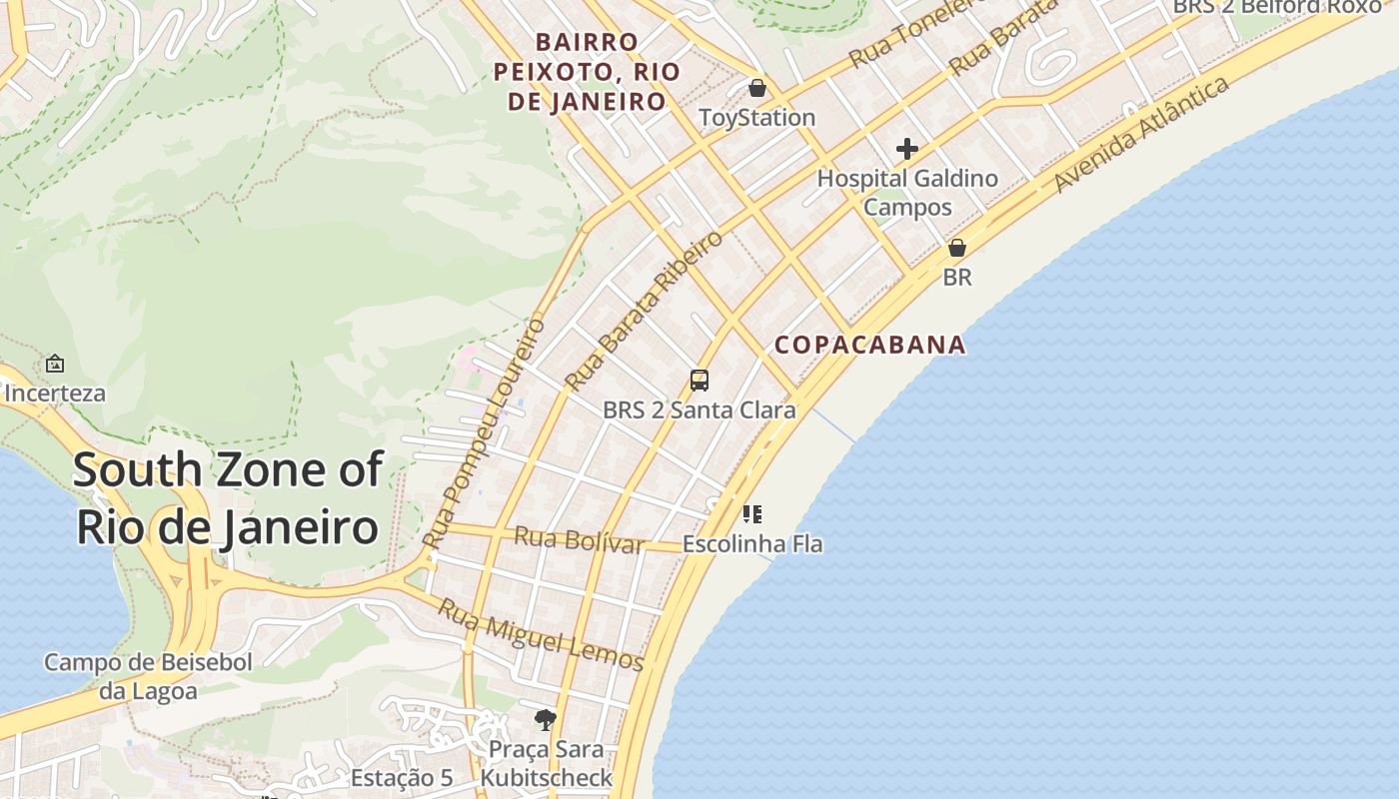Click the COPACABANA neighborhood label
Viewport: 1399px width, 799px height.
tap(869, 345)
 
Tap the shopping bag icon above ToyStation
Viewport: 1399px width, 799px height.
tap(757, 88)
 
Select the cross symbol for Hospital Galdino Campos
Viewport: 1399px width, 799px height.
tap(907, 149)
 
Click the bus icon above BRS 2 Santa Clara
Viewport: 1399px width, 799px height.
tap(699, 381)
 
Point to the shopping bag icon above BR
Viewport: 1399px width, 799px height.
tap(957, 247)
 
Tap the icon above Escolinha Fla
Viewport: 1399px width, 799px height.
tap(752, 514)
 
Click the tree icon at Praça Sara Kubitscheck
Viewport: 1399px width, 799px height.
tap(546, 719)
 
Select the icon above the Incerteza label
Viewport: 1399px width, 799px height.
tap(55, 364)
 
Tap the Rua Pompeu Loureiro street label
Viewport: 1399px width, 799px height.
tap(485, 432)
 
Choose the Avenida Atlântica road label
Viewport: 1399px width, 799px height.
tap(1141, 135)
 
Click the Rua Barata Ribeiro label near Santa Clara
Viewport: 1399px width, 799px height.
tap(644, 311)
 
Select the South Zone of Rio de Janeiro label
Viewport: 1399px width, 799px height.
tap(228, 497)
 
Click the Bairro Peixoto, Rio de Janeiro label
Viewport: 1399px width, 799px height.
tap(587, 72)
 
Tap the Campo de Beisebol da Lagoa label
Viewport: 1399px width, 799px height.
tap(148, 676)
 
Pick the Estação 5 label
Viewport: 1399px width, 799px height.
tap(402, 778)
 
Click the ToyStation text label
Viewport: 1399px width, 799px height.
tap(757, 118)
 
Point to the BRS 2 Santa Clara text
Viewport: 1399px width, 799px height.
tap(699, 410)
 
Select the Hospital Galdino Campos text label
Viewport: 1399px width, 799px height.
tap(907, 193)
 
